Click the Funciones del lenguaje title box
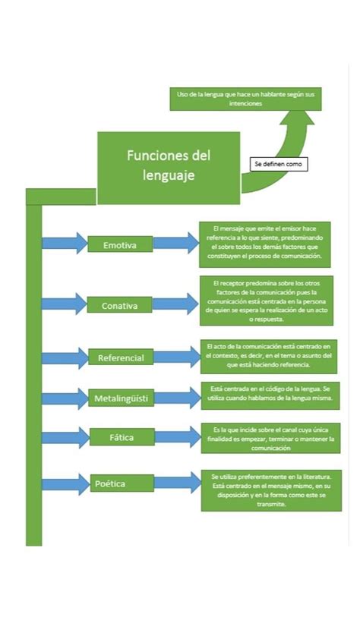[168, 167]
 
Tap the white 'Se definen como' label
[278, 164]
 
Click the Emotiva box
[119, 244]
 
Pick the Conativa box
[119, 305]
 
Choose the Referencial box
[120, 357]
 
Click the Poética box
[111, 483]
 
